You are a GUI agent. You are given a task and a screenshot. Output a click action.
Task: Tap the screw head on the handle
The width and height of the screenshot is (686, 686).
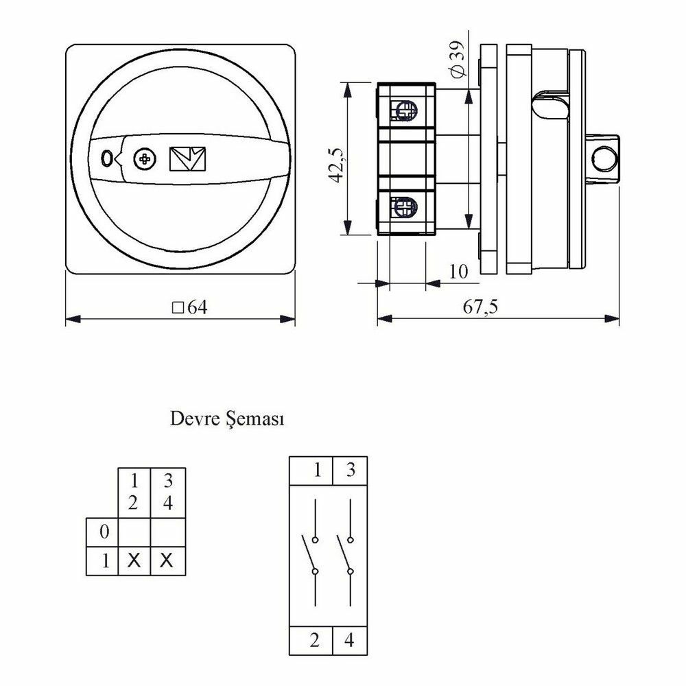click(x=144, y=159)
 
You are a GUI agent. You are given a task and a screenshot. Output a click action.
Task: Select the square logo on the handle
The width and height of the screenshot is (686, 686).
click(x=187, y=158)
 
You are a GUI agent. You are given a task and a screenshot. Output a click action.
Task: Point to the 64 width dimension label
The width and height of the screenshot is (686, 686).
click(x=190, y=307)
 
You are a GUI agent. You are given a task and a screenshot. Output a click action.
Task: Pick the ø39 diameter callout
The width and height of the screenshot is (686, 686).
click(x=458, y=59)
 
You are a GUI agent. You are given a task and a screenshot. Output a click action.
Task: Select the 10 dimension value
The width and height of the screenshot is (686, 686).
click(x=458, y=272)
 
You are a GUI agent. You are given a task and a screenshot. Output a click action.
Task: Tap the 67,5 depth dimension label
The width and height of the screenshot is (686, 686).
click(x=480, y=307)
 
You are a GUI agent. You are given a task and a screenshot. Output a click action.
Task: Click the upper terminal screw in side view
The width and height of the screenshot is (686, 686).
click(x=405, y=110)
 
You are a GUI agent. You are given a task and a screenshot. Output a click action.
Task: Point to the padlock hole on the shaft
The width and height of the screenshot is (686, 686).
click(x=604, y=158)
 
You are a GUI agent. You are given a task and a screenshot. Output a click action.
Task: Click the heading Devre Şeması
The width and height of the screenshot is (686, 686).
click(x=227, y=419)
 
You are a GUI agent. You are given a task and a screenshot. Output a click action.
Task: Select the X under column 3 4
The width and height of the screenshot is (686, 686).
click(x=166, y=560)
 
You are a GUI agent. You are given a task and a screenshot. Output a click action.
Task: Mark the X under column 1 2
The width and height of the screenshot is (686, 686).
click(x=134, y=560)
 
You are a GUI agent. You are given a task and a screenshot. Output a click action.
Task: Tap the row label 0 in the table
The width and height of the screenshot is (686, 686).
click(x=104, y=532)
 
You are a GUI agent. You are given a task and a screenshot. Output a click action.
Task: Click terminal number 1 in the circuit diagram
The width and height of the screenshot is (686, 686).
click(x=318, y=470)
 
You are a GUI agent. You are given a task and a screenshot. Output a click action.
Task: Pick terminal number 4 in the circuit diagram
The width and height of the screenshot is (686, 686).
click(x=348, y=641)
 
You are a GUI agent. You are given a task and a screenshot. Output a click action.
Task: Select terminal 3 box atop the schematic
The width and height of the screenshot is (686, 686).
click(x=350, y=471)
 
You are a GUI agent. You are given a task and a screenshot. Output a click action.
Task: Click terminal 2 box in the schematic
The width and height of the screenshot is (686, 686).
click(x=311, y=641)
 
